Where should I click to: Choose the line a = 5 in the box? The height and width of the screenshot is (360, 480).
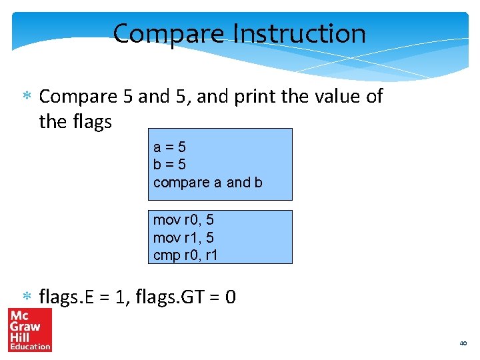pyautogui.click(x=169, y=147)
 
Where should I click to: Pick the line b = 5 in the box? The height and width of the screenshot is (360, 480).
pyautogui.click(x=169, y=164)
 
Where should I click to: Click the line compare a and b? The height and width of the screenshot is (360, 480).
pyautogui.click(x=207, y=182)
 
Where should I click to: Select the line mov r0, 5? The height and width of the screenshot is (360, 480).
pyautogui.click(x=183, y=220)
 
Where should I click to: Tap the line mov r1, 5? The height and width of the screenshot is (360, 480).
pyautogui.click(x=183, y=237)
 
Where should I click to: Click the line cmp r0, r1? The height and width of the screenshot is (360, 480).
pyautogui.click(x=185, y=255)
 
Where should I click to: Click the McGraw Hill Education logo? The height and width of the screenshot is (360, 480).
pyautogui.click(x=29, y=329)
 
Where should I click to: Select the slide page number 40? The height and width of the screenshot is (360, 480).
pyautogui.click(x=463, y=343)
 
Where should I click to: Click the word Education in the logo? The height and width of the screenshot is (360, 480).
pyautogui.click(x=29, y=347)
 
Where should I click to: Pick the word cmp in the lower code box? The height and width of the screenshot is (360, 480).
pyautogui.click(x=165, y=255)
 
